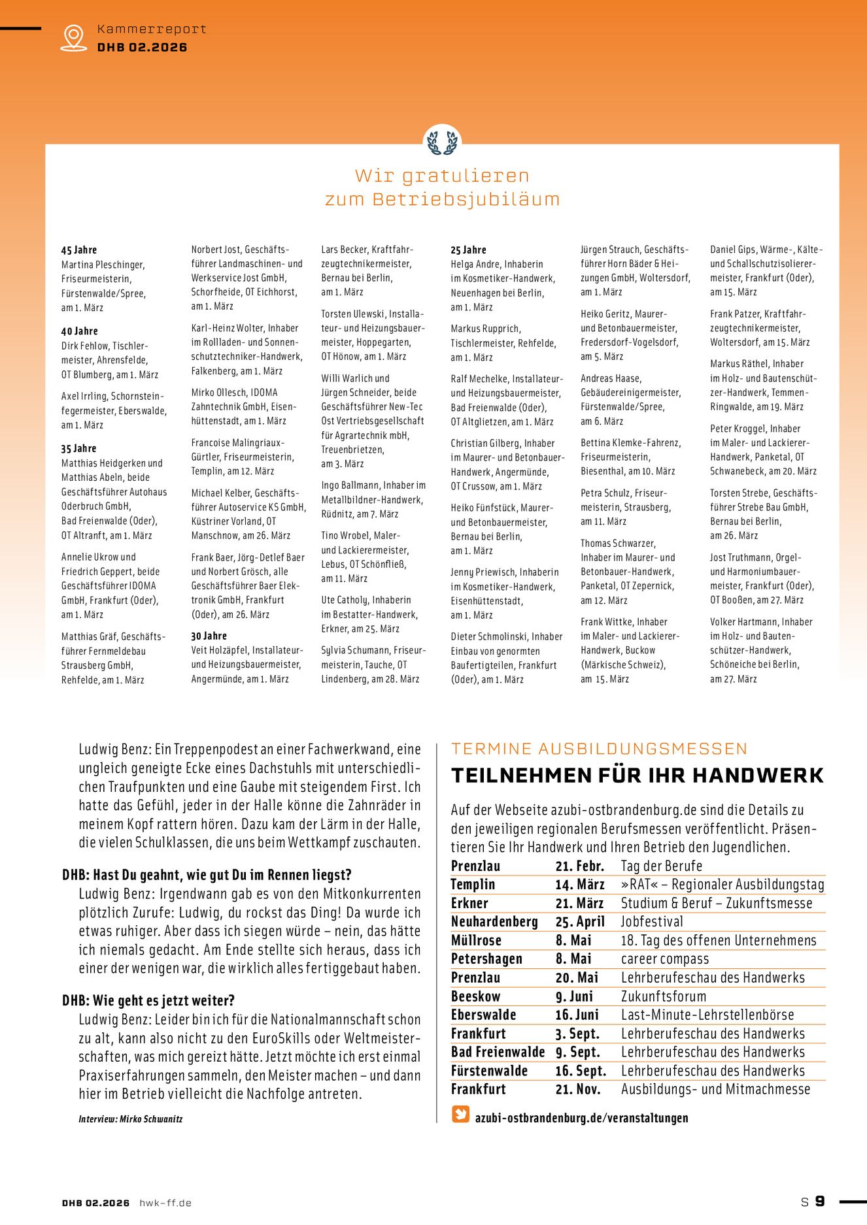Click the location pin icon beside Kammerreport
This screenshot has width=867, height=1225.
[73, 38]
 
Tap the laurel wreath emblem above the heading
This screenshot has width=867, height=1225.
[442, 142]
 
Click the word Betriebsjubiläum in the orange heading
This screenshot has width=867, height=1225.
[466, 199]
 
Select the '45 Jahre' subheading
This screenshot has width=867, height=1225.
[79, 250]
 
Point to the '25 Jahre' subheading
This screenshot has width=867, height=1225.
[468, 250]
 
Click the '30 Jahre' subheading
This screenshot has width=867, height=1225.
[209, 636]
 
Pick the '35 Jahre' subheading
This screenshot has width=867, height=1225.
[79, 449]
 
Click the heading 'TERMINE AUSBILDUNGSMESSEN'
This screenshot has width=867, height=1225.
[599, 749]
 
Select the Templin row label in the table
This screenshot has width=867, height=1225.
[473, 885]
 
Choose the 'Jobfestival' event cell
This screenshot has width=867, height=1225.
[652, 922]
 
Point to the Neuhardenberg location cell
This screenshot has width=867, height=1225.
[494, 922]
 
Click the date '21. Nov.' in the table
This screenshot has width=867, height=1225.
[578, 1089]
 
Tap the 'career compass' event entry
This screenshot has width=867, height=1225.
[665, 959]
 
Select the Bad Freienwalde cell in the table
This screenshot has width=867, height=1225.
[498, 1052]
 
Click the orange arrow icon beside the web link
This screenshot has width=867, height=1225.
[461, 1114]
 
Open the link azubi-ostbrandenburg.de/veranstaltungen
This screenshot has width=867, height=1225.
[581, 1118]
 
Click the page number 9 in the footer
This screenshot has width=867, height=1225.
[819, 1201]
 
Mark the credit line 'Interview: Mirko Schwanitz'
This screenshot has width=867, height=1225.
[131, 1119]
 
